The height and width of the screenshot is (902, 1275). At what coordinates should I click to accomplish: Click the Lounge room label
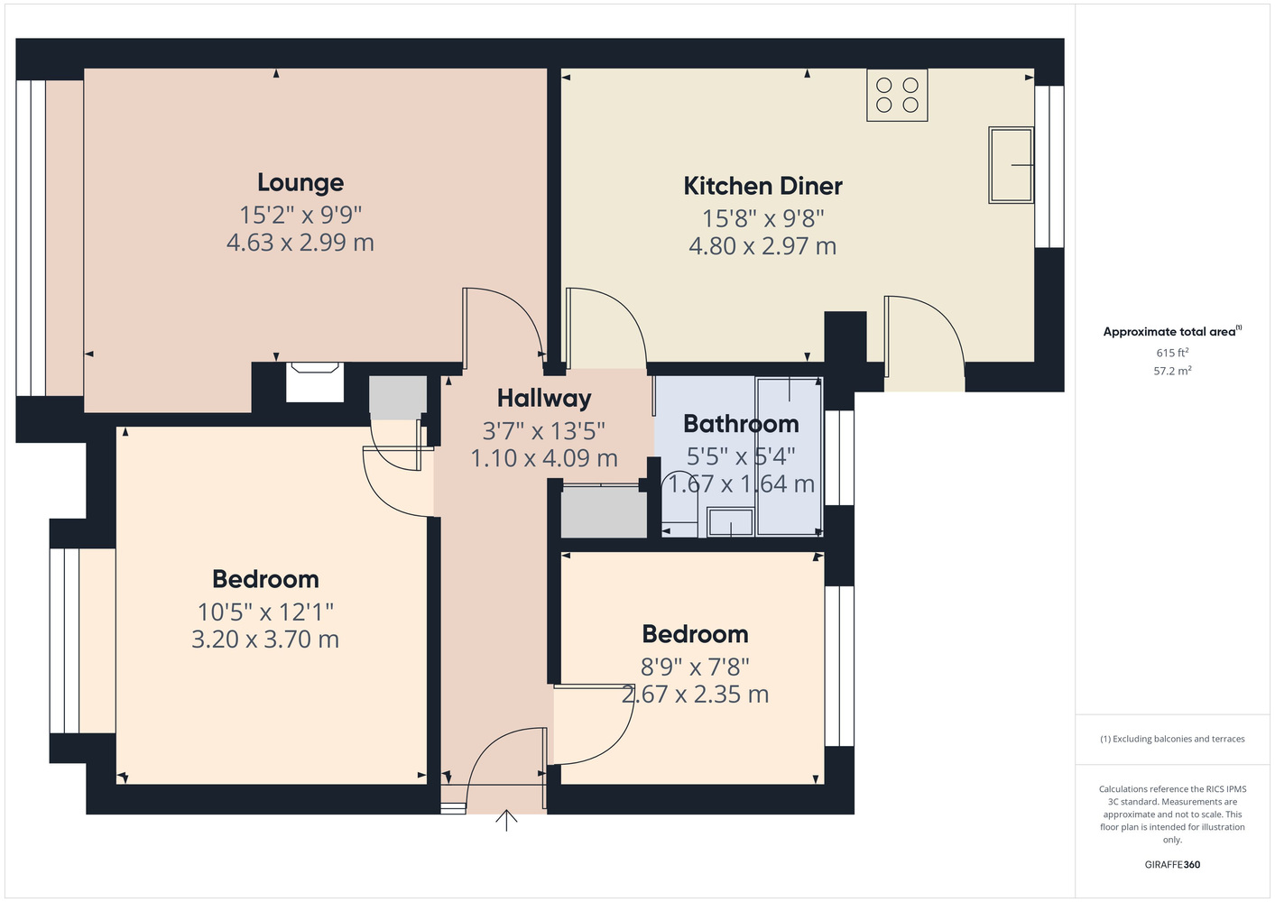[x=300, y=183]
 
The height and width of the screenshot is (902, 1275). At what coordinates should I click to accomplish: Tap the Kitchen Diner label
[x=762, y=186]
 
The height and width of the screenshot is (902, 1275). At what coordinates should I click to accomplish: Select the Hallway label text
[x=544, y=399]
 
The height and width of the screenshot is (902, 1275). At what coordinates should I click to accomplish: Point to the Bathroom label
[x=741, y=424]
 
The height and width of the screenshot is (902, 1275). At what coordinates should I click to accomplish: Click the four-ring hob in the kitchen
[x=897, y=95]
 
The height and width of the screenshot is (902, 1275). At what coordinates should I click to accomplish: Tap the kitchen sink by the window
[x=1011, y=165]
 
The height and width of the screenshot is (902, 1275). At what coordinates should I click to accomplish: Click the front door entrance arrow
[x=506, y=820]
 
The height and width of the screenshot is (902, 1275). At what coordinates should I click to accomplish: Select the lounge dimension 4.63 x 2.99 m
[x=300, y=243]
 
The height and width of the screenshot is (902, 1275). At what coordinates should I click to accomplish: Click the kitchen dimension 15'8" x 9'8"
[x=762, y=218]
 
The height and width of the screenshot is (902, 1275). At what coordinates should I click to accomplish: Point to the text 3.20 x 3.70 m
[x=265, y=640]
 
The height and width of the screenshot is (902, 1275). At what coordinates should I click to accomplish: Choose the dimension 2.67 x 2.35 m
[x=695, y=695]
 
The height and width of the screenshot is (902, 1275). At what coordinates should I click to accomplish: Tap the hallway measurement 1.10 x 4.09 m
[x=544, y=458]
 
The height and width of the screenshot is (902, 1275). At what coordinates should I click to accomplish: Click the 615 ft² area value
[x=1172, y=353]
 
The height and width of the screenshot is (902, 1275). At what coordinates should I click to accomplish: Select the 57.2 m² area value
[x=1172, y=371]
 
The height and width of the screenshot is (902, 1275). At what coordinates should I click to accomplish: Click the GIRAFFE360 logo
[x=1172, y=864]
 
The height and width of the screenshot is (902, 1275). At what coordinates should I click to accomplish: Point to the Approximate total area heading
[x=1172, y=331]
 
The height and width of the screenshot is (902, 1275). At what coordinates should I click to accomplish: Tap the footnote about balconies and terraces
[x=1172, y=739]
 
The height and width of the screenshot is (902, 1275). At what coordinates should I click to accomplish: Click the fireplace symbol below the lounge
[x=315, y=382]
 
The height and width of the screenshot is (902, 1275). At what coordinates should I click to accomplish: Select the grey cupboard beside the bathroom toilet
[x=604, y=511]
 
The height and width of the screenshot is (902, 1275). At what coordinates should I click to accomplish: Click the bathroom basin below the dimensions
[x=730, y=522]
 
